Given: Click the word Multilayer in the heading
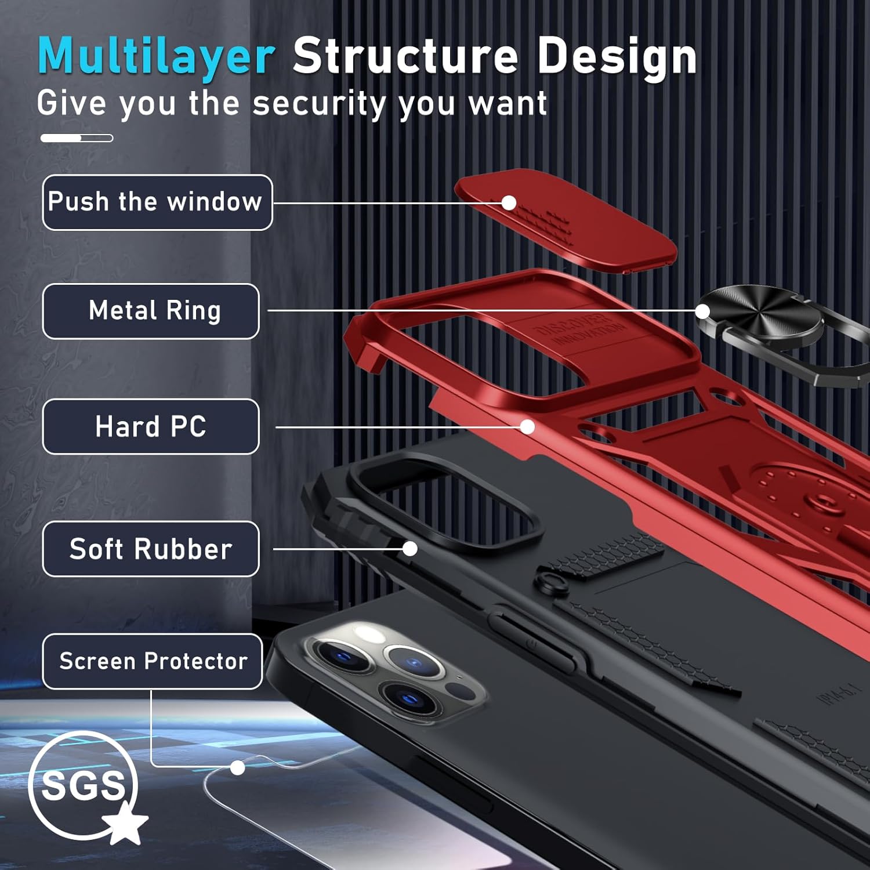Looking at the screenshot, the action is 155,56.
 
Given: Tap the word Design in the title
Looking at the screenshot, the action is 617,56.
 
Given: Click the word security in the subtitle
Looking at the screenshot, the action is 318,104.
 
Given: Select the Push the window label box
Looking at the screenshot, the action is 157,202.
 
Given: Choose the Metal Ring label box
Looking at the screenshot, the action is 151,311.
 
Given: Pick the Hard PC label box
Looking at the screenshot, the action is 151,426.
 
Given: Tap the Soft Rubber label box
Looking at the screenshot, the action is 151,549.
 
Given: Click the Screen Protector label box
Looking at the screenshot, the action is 153,661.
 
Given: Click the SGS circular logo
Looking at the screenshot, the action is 82,785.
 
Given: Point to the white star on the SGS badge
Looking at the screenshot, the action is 125,822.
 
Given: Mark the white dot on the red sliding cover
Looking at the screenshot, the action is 509,202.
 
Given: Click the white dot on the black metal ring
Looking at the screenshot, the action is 702,311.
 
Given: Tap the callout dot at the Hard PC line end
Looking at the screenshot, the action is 527,427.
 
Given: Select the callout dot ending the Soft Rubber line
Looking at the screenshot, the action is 410,549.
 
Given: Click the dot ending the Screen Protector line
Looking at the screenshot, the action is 237,768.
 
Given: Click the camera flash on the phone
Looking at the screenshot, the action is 365,632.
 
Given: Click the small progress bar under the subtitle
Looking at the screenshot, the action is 77,138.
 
